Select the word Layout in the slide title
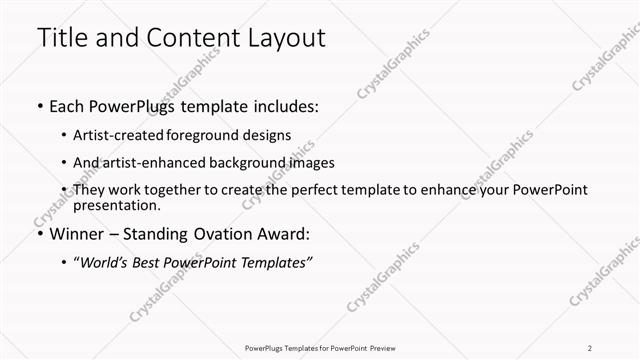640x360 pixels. click(x=279, y=39)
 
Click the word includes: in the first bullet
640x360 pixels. click(x=284, y=107)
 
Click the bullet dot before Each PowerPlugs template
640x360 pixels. click(x=39, y=107)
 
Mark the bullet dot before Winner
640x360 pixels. click(x=39, y=234)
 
